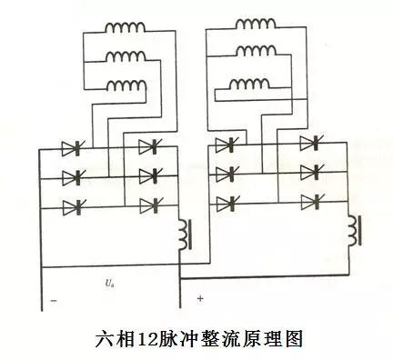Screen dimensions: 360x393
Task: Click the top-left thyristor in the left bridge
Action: tap(72, 147)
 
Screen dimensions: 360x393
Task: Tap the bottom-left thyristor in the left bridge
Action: tap(72, 207)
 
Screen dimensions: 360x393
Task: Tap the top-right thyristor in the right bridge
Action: tap(309, 143)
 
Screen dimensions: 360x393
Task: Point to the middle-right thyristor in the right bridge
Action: tap(309, 171)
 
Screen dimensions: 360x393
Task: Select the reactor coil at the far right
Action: tap(356, 230)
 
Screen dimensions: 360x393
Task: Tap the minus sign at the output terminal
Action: tap(54, 299)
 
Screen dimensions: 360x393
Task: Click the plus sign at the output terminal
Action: tap(197, 297)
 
